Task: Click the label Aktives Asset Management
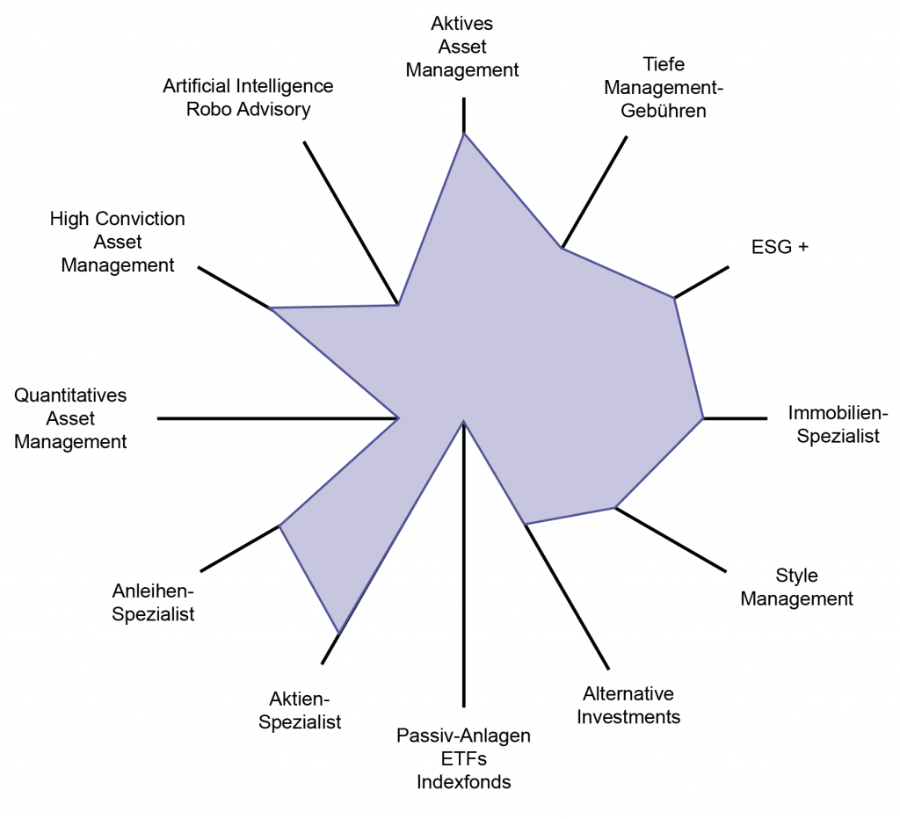click(x=462, y=47)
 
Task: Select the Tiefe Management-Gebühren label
click(x=664, y=87)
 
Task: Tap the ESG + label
click(x=780, y=247)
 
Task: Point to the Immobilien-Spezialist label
click(x=838, y=424)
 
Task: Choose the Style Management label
click(x=796, y=586)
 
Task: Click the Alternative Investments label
click(x=628, y=705)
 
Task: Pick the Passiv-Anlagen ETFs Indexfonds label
click(x=464, y=758)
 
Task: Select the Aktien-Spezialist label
click(x=300, y=710)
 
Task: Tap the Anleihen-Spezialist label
click(x=153, y=602)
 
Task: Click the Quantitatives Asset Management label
click(x=70, y=418)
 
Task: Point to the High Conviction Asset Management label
click(x=118, y=242)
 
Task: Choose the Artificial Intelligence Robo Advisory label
click(x=248, y=98)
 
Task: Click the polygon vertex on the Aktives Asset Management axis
click(x=464, y=134)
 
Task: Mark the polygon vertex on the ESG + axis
click(x=674, y=298)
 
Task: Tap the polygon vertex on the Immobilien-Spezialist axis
click(x=703, y=418)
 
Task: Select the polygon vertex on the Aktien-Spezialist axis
click(x=340, y=633)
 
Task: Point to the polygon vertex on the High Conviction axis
click(x=271, y=308)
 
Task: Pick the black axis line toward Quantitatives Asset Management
click(x=278, y=418)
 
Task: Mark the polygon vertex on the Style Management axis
click(x=614, y=507)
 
